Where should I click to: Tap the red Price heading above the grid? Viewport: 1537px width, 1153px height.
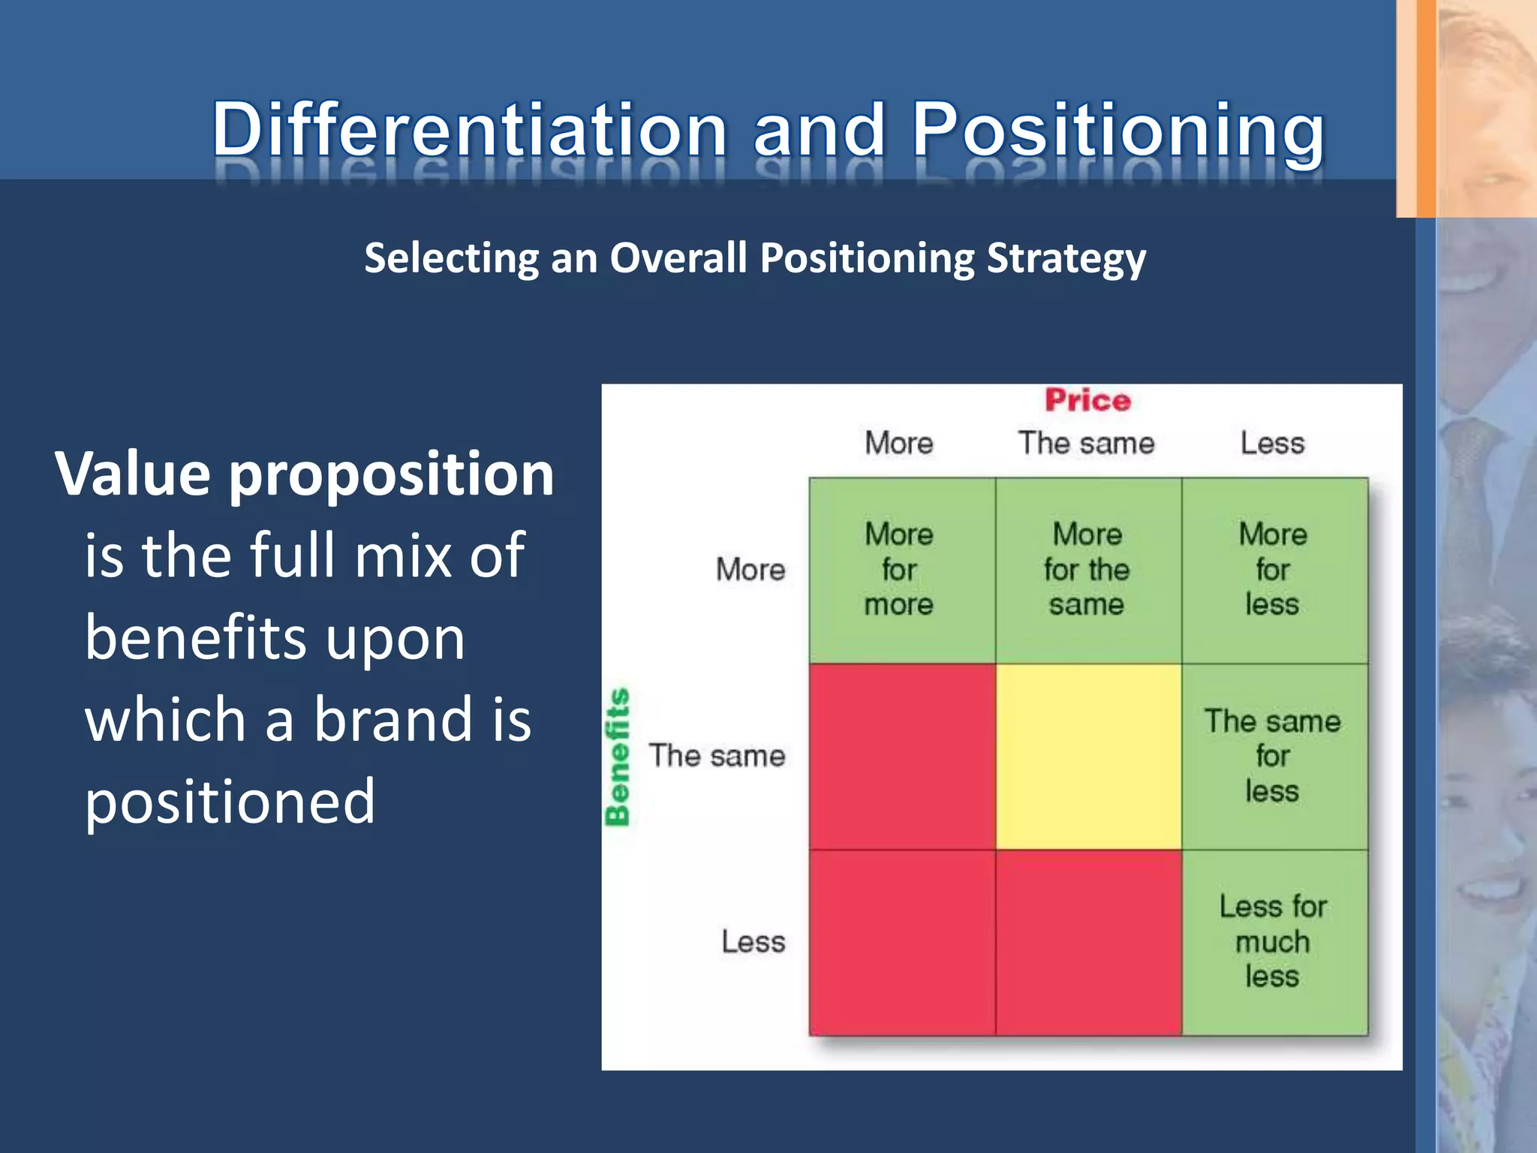point(1087,400)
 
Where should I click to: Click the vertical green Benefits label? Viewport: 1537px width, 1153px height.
point(618,757)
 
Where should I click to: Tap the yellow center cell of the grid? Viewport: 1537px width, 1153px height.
point(1087,757)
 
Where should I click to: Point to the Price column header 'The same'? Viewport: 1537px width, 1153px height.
point(1086,443)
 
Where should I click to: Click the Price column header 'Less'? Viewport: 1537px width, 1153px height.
point(1272,443)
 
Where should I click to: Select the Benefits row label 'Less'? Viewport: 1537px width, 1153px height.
point(753,942)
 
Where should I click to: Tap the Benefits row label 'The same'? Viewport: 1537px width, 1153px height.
point(717,756)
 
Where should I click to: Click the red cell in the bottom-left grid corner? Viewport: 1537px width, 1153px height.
point(902,943)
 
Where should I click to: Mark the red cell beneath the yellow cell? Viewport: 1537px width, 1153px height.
point(1087,943)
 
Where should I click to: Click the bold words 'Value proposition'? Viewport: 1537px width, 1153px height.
point(304,474)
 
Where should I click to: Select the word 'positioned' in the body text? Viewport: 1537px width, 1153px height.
point(229,802)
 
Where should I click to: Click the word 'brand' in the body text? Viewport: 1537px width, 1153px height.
point(393,719)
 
